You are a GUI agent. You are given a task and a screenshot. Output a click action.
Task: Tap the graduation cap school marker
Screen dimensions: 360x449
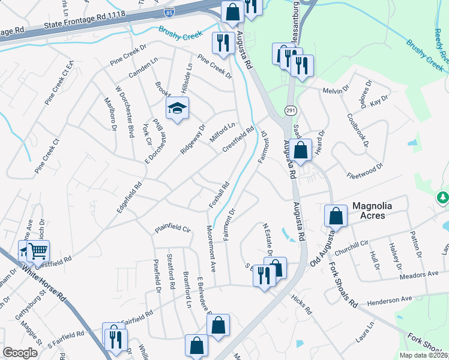click(x=177, y=109)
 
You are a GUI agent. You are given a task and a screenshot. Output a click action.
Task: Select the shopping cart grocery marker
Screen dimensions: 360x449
click(x=38, y=251)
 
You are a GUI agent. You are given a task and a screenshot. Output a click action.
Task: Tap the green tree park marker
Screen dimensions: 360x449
click(x=442, y=197)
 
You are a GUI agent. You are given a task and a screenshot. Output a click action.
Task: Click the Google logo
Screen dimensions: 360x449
click(x=20, y=353)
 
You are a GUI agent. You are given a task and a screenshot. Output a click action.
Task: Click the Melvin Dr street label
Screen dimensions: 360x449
click(x=336, y=90)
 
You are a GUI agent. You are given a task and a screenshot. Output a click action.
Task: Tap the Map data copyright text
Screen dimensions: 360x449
click(x=422, y=355)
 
